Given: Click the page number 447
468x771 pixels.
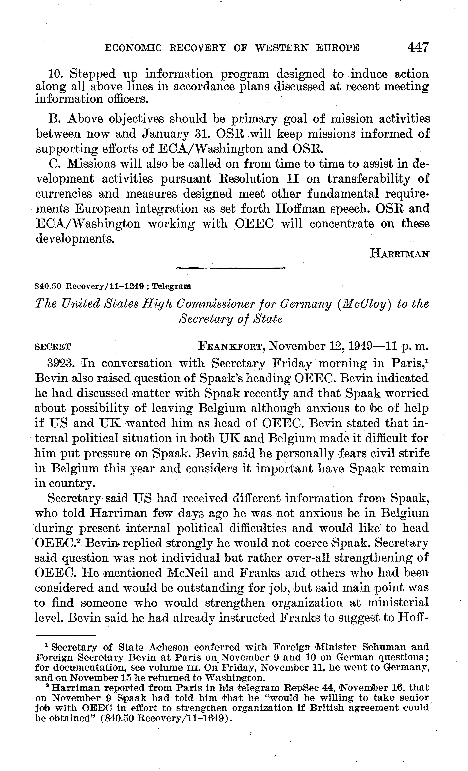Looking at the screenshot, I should pos(418,48).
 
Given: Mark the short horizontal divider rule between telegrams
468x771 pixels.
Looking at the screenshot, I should pos(231,268).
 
